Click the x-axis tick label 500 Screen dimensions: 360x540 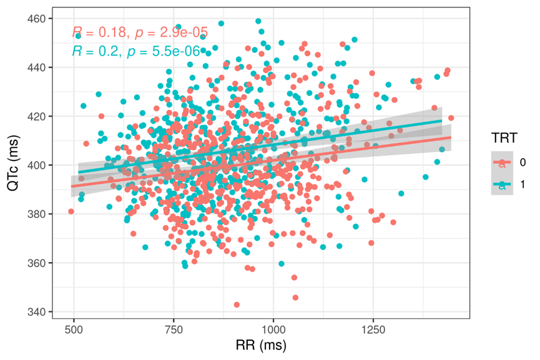click(74, 329)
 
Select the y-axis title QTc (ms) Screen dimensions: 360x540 click(13, 165)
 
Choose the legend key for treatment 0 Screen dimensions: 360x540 click(501, 162)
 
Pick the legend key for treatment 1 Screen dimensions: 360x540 click(501, 184)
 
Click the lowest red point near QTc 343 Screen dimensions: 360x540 click(237, 305)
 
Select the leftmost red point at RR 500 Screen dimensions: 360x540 click(71, 212)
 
